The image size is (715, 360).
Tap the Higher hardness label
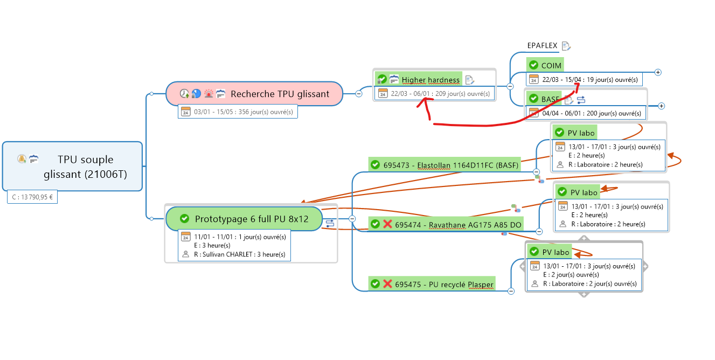tap(431, 80)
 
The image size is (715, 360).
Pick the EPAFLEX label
tap(542, 46)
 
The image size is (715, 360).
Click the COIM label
tap(551, 65)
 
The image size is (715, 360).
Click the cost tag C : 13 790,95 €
tap(32, 197)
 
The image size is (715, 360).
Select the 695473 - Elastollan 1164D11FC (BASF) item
tap(450, 165)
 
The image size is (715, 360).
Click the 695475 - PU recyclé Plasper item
tap(444, 284)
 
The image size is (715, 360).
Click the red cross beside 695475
tap(387, 284)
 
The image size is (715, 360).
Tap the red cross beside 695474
tap(387, 224)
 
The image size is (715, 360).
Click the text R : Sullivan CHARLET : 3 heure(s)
tap(240, 254)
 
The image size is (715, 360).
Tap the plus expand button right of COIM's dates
tap(658, 72)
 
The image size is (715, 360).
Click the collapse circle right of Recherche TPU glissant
tap(359, 94)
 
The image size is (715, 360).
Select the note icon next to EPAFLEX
tap(566, 46)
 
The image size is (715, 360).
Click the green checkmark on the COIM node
tap(533, 65)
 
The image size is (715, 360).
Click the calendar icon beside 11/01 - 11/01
tap(186, 236)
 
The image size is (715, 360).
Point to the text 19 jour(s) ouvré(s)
tap(613, 80)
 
